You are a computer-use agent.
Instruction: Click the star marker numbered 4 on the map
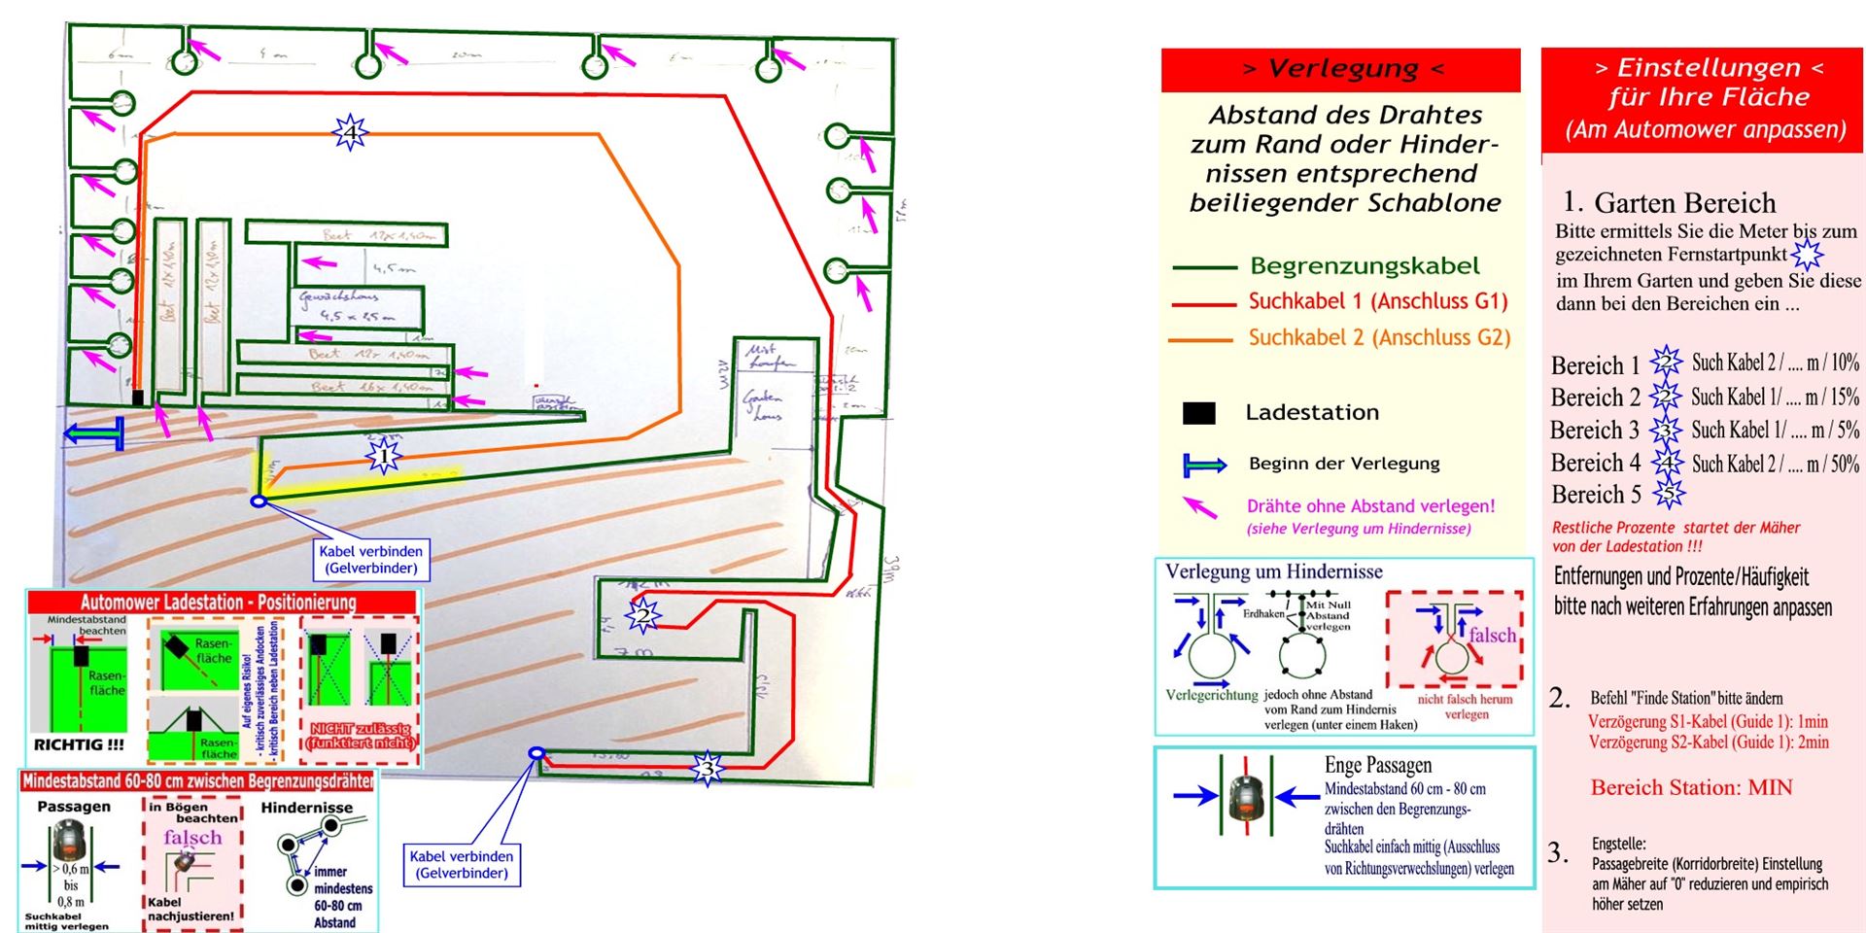[350, 131]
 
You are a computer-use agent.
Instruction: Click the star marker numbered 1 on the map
[383, 455]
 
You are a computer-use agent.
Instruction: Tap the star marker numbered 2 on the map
[641, 615]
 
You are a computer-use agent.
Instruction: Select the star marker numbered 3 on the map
[708, 769]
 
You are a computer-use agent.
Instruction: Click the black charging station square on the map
[138, 397]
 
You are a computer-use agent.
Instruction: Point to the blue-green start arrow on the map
[93, 433]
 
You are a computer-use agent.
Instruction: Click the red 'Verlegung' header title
[1341, 69]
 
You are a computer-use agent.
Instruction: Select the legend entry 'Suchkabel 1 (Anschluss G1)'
[1377, 301]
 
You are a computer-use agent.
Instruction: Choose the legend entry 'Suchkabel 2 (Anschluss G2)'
[1379, 337]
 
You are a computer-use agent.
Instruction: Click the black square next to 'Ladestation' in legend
[1198, 413]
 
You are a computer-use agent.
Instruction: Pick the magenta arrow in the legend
[1199, 506]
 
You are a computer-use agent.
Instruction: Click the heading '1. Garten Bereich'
[1669, 202]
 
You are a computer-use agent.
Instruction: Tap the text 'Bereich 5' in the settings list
[1595, 495]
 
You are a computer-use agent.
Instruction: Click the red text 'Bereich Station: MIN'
[1691, 787]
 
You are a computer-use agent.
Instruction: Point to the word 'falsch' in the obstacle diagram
[1492, 635]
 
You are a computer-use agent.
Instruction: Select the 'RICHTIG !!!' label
[79, 744]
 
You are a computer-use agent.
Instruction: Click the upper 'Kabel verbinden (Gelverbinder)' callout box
[370, 559]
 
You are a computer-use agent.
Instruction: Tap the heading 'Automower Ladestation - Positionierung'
[218, 602]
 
